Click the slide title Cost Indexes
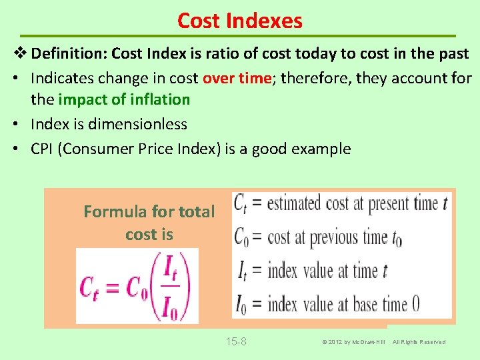pos(240,21)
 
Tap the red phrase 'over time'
pos(237,78)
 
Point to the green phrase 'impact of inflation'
pos(124,99)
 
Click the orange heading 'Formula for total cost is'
pos(149,223)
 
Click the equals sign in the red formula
pos(111,287)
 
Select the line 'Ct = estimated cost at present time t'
pos(341,203)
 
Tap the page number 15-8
pos(236,342)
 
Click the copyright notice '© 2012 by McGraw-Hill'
pos(353,342)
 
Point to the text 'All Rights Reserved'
pos(419,342)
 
